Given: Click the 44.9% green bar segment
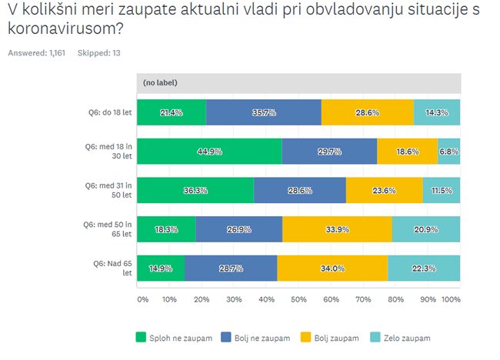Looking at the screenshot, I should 209,152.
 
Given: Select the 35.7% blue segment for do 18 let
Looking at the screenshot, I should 264,112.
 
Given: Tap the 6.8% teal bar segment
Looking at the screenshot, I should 448,152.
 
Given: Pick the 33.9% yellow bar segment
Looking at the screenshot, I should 337,229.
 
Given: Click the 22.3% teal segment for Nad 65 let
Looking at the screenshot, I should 424,268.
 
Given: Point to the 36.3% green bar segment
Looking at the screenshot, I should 195,190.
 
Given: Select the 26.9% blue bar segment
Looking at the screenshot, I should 239,229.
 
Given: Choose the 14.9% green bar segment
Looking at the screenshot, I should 161,268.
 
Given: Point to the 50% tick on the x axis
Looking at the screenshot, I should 298,298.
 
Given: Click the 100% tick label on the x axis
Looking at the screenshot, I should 452,298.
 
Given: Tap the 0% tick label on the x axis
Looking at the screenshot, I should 142,298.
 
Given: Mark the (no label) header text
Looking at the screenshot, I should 161,82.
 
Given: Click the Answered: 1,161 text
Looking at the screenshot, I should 37,53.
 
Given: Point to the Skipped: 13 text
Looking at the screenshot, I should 99,53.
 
